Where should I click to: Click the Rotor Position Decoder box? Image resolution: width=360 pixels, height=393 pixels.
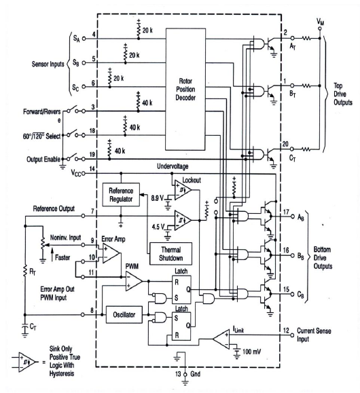(185, 89)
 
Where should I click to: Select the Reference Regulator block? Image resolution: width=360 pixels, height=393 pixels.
(121, 195)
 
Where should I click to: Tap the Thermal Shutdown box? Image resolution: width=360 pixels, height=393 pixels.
(171, 254)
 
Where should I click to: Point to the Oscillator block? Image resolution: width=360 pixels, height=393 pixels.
(124, 314)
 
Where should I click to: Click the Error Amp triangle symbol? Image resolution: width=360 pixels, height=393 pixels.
(111, 253)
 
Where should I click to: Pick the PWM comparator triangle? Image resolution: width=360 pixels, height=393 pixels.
(133, 281)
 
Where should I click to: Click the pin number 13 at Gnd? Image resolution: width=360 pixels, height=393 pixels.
(178, 374)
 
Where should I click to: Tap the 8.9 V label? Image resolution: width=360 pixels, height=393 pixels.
(157, 198)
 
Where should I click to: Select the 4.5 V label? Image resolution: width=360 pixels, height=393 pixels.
(158, 227)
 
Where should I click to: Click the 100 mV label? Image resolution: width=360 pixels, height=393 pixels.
(251, 352)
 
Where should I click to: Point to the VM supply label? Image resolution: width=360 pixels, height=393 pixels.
(320, 22)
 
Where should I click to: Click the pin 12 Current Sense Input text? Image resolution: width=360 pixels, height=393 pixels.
(314, 335)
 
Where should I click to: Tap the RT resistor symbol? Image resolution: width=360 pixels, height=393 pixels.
(25, 272)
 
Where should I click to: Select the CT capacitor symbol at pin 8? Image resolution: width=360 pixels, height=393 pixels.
(24, 329)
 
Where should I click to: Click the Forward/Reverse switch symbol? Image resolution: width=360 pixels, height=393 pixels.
(75, 109)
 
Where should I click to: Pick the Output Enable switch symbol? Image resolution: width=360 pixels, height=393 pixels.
(75, 157)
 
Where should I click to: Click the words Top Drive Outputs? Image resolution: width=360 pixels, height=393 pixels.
(343, 94)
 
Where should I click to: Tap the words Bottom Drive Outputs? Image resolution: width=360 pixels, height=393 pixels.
(323, 258)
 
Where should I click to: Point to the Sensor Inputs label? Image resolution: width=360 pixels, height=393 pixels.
(48, 64)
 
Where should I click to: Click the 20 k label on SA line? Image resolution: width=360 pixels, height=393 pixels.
(147, 31)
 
